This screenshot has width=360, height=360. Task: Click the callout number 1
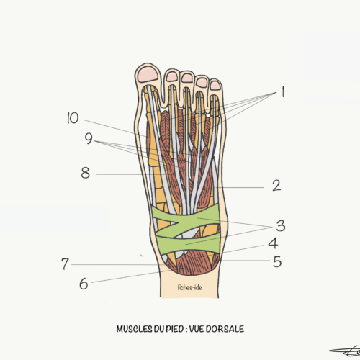click(283, 91)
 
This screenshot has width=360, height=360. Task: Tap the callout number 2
click(276, 186)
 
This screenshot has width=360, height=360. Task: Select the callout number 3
click(281, 226)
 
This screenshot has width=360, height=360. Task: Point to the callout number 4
click(273, 243)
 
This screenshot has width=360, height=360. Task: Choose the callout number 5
click(277, 261)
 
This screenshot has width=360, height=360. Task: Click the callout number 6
click(84, 284)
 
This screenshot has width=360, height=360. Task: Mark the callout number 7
click(65, 264)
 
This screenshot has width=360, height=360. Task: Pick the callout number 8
click(86, 173)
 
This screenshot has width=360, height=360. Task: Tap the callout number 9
click(89, 138)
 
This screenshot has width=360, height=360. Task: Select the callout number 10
click(73, 118)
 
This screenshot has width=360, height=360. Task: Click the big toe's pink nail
click(148, 74)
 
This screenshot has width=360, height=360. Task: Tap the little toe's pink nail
click(215, 86)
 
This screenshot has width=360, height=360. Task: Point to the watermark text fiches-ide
click(189, 287)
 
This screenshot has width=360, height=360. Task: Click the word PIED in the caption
click(174, 329)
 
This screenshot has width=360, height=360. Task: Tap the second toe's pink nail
click(172, 76)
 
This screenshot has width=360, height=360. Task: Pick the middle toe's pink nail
click(187, 78)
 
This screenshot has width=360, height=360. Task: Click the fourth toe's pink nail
click(202, 82)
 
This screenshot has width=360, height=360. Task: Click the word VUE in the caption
click(197, 329)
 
